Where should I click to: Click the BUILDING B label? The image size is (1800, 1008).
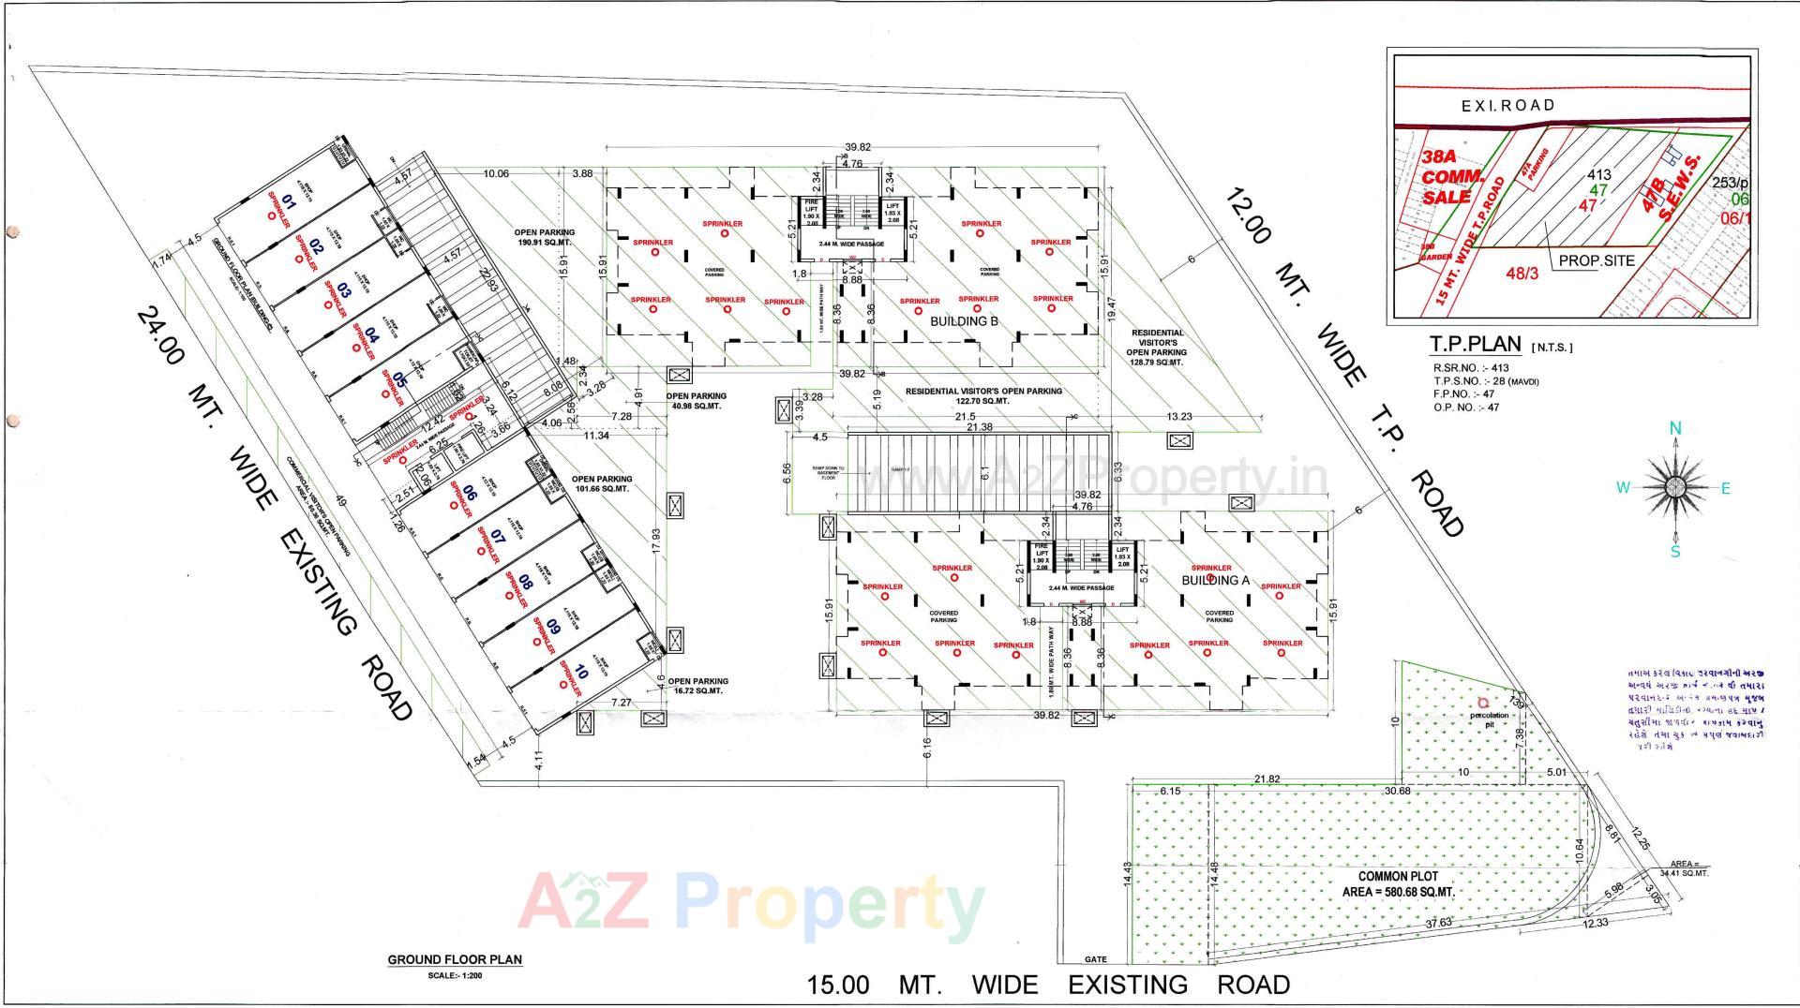tap(964, 321)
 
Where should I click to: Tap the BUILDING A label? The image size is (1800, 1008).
tap(1215, 581)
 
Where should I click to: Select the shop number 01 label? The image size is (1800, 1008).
tap(290, 202)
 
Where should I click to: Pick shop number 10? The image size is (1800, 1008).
tap(581, 672)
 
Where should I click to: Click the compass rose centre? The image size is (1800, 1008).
tap(1675, 486)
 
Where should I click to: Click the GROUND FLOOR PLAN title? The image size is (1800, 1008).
tap(455, 959)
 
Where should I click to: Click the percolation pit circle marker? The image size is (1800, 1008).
tap(1482, 702)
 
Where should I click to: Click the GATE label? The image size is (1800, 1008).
tap(1095, 959)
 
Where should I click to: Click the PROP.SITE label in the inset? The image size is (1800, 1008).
tap(1597, 261)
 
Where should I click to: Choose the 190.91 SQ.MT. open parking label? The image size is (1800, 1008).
tap(544, 237)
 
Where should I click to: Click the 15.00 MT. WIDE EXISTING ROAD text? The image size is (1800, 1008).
tap(1048, 985)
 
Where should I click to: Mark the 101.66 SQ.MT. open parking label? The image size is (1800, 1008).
tap(602, 484)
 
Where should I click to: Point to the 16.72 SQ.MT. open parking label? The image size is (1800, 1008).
tap(697, 686)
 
